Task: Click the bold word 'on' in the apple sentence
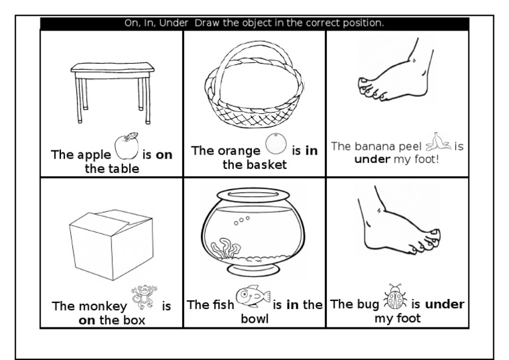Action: pos(164,155)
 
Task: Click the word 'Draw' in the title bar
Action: pos(208,23)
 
